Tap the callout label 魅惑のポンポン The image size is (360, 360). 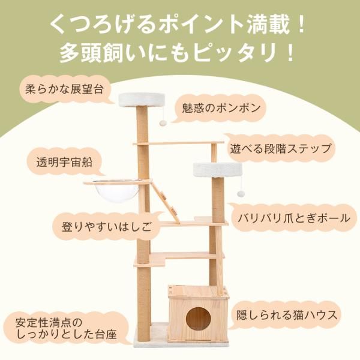pyautogui.click(x=221, y=109)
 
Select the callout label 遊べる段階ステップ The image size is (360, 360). pyautogui.click(x=280, y=148)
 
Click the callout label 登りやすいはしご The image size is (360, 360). pyautogui.click(x=103, y=227)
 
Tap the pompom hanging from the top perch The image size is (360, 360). pyautogui.click(x=163, y=122)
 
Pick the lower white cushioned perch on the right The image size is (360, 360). pyautogui.click(x=215, y=169)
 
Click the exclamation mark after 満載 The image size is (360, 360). pyautogui.click(x=302, y=26)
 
